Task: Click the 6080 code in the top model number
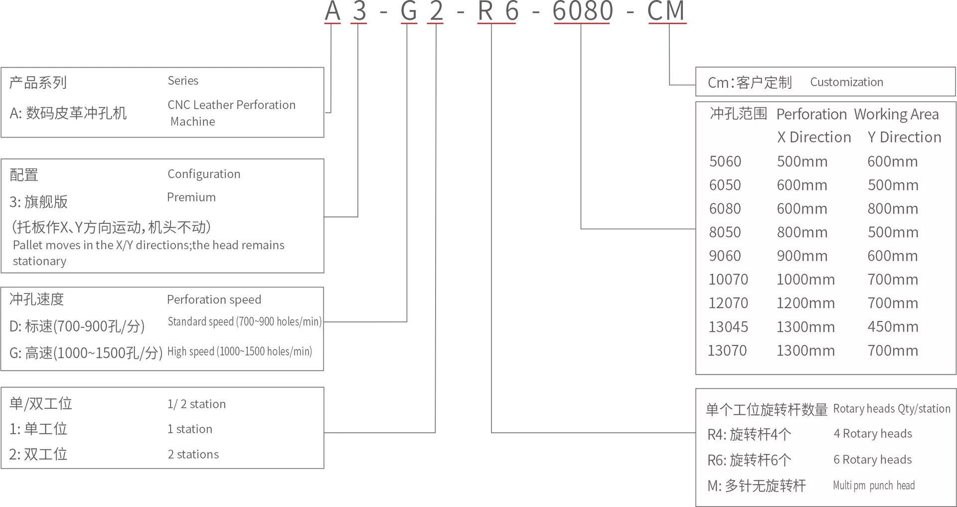(x=583, y=10)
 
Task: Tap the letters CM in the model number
(x=666, y=10)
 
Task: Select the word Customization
(x=846, y=82)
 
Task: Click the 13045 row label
(x=728, y=327)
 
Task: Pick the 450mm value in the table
(x=893, y=327)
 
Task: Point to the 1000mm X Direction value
(x=805, y=280)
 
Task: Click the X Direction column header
(x=814, y=137)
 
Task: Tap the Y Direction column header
(x=904, y=137)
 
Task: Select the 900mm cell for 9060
(x=802, y=256)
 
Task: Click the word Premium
(x=191, y=197)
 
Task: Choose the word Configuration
(x=204, y=174)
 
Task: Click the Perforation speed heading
(x=214, y=300)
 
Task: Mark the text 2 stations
(x=193, y=455)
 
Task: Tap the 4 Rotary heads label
(x=873, y=434)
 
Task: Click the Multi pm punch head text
(x=874, y=486)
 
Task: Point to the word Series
(x=183, y=81)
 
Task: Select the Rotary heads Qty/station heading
(x=892, y=409)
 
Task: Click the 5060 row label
(x=725, y=162)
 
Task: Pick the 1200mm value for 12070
(x=805, y=303)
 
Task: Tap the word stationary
(x=39, y=261)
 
